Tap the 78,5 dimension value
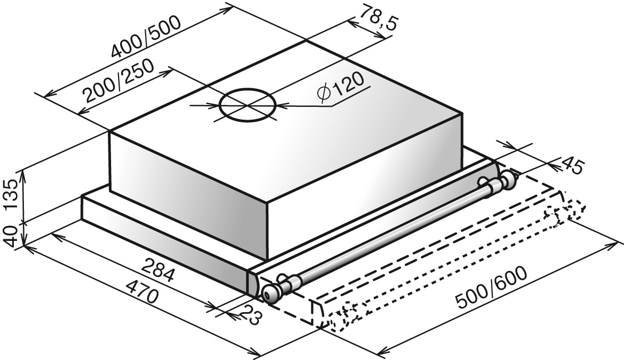(x=378, y=18)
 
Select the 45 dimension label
(x=572, y=166)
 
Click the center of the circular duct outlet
(x=247, y=105)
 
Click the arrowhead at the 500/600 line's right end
(x=615, y=245)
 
